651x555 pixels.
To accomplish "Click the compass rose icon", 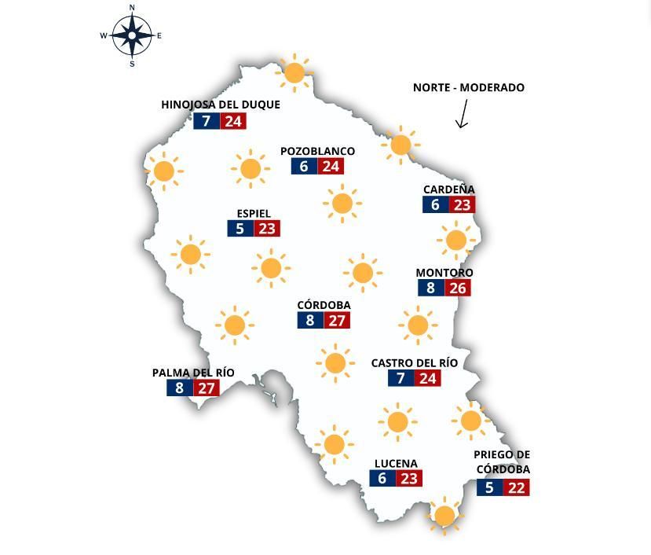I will click(131, 35).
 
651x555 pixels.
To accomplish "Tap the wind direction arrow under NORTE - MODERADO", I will click(462, 113).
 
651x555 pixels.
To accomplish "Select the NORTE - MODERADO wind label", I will click(468, 87).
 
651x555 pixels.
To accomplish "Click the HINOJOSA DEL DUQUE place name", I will click(220, 105).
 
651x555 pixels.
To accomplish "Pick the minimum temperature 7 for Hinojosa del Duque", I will click(207, 121).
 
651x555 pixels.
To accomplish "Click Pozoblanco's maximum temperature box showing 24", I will click(331, 167).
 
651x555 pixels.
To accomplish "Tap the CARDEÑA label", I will click(448, 189).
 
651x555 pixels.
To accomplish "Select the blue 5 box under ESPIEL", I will click(240, 229).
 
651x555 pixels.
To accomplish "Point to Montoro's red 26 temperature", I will click(457, 288).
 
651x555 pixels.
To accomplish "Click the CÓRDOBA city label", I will click(324, 305).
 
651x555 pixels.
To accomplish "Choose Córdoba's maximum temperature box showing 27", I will click(336, 321).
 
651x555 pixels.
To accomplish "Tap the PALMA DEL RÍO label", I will click(193, 373).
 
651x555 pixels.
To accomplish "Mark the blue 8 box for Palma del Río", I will click(179, 388).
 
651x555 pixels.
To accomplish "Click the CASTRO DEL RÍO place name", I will click(414, 363).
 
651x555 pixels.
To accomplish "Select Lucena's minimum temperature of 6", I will click(382, 479).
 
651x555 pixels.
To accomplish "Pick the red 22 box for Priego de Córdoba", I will click(516, 487).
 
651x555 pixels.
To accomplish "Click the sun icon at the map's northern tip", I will click(294, 73).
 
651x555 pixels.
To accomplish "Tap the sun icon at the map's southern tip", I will click(444, 516).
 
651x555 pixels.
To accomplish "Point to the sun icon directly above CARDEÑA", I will click(400, 145).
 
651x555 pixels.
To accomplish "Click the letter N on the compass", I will click(131, 8).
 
